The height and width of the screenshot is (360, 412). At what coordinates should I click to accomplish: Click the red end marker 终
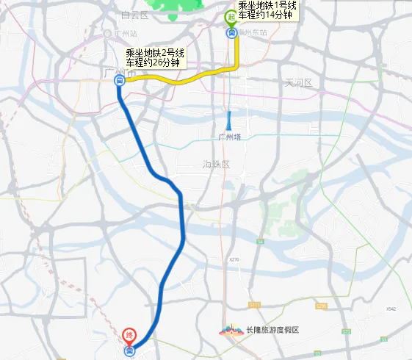pos(129,334)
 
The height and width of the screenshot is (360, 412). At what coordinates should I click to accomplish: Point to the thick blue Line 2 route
pos(181,220)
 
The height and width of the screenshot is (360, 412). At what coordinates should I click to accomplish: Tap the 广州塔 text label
pos(230,137)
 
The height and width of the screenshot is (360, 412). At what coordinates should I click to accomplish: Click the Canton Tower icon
pos(229,120)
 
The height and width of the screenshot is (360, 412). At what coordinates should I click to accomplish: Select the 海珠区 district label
pos(217,165)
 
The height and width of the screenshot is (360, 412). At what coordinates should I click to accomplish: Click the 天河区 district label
pos(299,83)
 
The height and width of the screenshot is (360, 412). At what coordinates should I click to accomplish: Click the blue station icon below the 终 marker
pos(130,351)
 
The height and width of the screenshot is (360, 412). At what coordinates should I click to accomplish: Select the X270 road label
pos(234,259)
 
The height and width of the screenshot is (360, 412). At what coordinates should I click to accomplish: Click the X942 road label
pos(391,309)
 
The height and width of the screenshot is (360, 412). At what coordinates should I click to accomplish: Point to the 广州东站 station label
pos(254,33)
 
